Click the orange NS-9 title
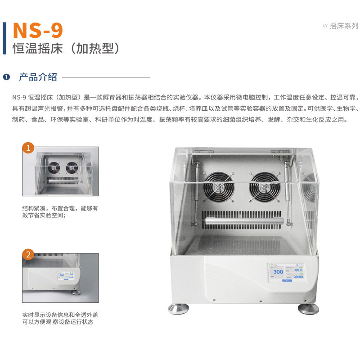[38, 30]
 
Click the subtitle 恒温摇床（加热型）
[65, 49]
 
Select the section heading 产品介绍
[38, 77]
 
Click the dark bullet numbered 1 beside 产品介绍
[6, 77]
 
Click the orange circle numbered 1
[28, 148]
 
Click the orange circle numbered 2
[28, 255]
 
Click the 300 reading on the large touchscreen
[278, 271]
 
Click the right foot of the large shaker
[308, 308]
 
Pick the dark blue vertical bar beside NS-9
[4, 38]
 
